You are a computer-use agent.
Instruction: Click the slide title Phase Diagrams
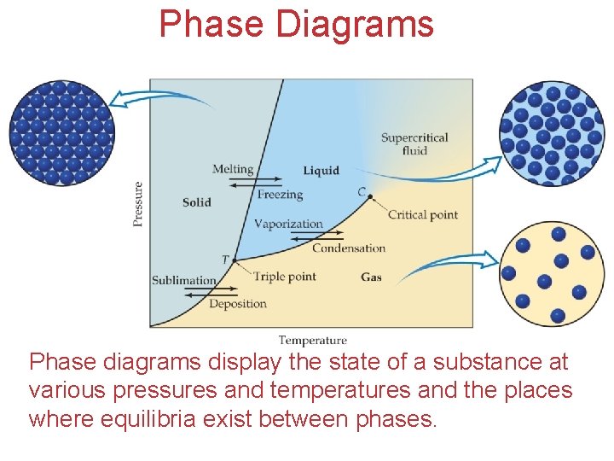tap(296, 24)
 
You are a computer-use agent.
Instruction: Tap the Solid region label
tap(196, 202)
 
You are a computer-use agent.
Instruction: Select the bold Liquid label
tap(321, 171)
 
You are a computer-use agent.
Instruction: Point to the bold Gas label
tap(371, 277)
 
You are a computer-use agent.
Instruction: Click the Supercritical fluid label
tap(414, 143)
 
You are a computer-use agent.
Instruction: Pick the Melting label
tap(233, 169)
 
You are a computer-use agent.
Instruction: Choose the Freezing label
tap(280, 195)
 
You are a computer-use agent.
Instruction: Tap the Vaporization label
tap(288, 224)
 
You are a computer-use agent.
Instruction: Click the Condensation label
tap(348, 248)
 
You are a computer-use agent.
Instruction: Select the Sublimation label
tap(183, 280)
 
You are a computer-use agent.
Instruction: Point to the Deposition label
tap(237, 303)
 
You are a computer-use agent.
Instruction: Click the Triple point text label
tap(284, 277)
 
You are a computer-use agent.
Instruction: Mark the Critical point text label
tap(422, 215)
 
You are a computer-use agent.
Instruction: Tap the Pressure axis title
tap(138, 203)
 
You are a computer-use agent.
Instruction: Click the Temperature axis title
tap(312, 341)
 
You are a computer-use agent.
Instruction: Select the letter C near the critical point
tap(362, 191)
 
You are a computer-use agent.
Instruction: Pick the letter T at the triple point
tap(225, 260)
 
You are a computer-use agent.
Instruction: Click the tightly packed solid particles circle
tap(61, 132)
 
